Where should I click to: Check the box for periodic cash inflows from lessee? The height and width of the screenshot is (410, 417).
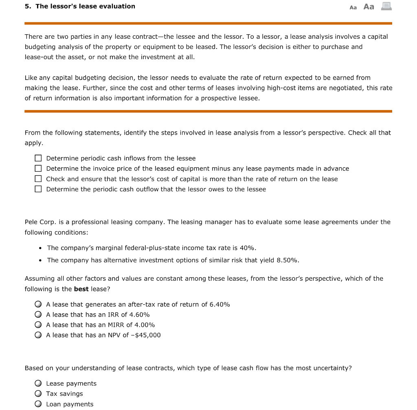(38, 158)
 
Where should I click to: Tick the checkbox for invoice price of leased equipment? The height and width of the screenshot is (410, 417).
(38, 168)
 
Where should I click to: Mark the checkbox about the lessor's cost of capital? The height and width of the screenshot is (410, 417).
(38, 179)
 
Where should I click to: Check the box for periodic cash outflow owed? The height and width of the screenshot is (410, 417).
(38, 189)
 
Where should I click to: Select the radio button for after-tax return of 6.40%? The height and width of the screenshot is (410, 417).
(38, 304)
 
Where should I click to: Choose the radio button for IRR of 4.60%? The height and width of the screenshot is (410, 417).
(38, 315)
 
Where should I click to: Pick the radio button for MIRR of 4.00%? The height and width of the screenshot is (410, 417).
(38, 325)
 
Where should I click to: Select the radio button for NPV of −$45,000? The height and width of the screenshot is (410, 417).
(38, 335)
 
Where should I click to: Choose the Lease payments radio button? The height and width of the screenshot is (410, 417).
(38, 383)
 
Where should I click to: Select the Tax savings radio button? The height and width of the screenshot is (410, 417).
(38, 394)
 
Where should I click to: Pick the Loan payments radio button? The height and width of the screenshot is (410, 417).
(38, 404)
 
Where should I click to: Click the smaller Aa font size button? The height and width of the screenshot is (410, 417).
(353, 7)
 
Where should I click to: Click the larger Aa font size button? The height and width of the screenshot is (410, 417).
(369, 7)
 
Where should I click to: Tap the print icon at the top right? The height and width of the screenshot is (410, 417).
(386, 6)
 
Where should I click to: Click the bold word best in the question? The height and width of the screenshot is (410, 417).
(81, 289)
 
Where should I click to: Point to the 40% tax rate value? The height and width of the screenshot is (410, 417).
(248, 248)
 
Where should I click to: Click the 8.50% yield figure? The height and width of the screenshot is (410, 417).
(288, 260)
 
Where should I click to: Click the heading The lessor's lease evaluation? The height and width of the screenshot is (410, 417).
(85, 6)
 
